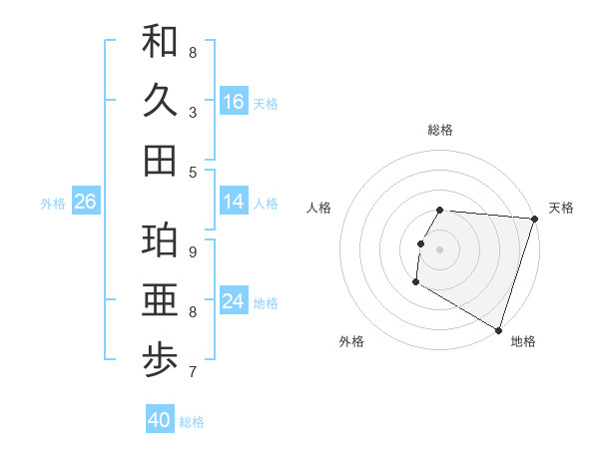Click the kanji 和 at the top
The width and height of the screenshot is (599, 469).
point(160,41)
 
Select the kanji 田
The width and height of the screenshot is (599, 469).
point(160,160)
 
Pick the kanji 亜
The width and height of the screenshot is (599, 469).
point(160,301)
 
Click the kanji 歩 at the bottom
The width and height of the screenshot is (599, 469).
point(160,361)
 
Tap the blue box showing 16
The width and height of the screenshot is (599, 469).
point(234,101)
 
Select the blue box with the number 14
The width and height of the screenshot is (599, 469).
point(234,202)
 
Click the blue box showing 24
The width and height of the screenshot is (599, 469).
point(234,301)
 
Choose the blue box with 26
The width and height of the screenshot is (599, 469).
point(85,202)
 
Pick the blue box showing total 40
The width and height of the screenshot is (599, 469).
point(160,420)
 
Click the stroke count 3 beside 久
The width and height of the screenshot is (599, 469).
point(192,113)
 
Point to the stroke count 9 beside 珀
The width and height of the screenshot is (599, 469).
point(192,251)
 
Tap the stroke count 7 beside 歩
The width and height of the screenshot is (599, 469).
point(192,373)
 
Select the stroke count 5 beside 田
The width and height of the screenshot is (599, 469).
point(192,172)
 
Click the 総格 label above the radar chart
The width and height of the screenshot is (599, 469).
point(440,130)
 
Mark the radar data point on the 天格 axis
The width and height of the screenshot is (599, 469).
point(534,219)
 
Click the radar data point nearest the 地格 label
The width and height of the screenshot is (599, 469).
point(498,329)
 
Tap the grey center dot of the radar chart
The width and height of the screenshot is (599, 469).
point(440,249)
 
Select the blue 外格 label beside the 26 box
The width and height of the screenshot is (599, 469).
point(53,203)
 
